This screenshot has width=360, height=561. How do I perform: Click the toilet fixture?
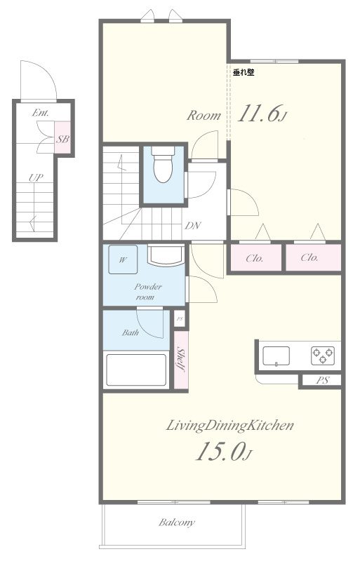point(163,165)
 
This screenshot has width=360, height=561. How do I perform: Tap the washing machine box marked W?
point(123,259)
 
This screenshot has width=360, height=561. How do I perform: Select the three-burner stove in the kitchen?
point(323,356)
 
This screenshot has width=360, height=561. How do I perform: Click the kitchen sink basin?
point(276,356)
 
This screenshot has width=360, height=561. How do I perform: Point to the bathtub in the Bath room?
point(136,370)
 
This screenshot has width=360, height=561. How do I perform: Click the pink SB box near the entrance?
point(62,137)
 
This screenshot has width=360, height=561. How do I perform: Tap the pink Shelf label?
point(181,360)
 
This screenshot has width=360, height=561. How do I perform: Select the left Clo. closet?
point(255,258)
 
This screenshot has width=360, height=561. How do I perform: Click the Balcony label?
point(177,522)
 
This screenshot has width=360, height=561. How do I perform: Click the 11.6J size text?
point(262,113)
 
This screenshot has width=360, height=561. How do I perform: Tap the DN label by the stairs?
point(192,226)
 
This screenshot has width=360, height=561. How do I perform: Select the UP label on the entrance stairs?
point(36,177)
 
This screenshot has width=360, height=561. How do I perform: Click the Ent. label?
point(41,113)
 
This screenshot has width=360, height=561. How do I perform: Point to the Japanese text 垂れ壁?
point(244,72)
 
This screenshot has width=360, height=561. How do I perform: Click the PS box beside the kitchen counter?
point(322,380)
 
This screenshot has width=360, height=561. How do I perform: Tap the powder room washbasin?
point(166,255)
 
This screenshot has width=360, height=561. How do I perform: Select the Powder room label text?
point(147,292)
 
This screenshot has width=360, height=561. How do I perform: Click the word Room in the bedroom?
point(204,116)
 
